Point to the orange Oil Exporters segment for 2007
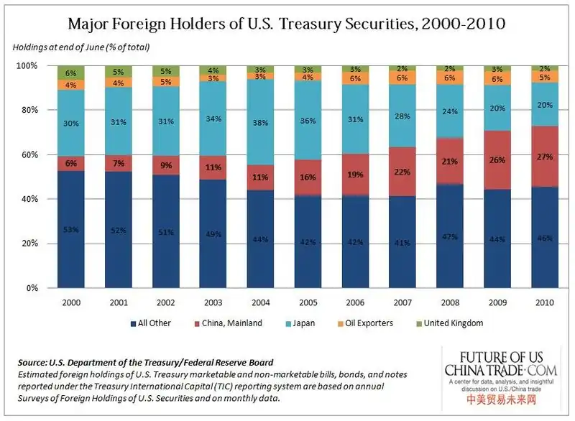click(402, 78)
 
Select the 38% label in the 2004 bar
click(261, 122)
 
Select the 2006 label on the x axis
click(355, 302)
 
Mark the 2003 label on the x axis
click(213, 302)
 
